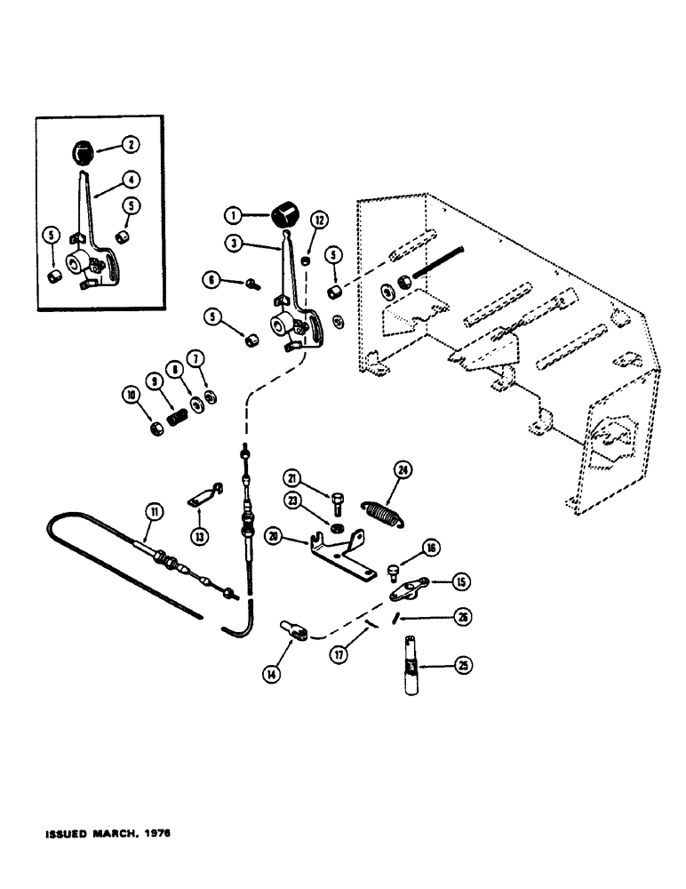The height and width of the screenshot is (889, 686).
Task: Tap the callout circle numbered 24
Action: coord(403,473)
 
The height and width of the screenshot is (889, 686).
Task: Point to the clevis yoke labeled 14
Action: coord(295,632)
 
